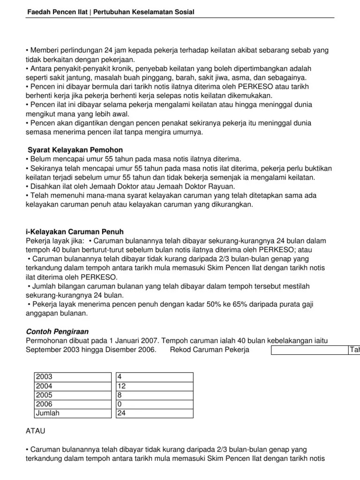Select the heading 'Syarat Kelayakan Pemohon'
pos(75,150)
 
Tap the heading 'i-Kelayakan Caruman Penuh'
pos(74,232)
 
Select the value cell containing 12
pos(154,386)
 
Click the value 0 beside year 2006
pos(154,404)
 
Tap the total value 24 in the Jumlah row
pos(154,413)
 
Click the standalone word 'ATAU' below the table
pos(35,429)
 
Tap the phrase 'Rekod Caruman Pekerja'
pos(210,350)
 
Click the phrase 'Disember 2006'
pos(133,350)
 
